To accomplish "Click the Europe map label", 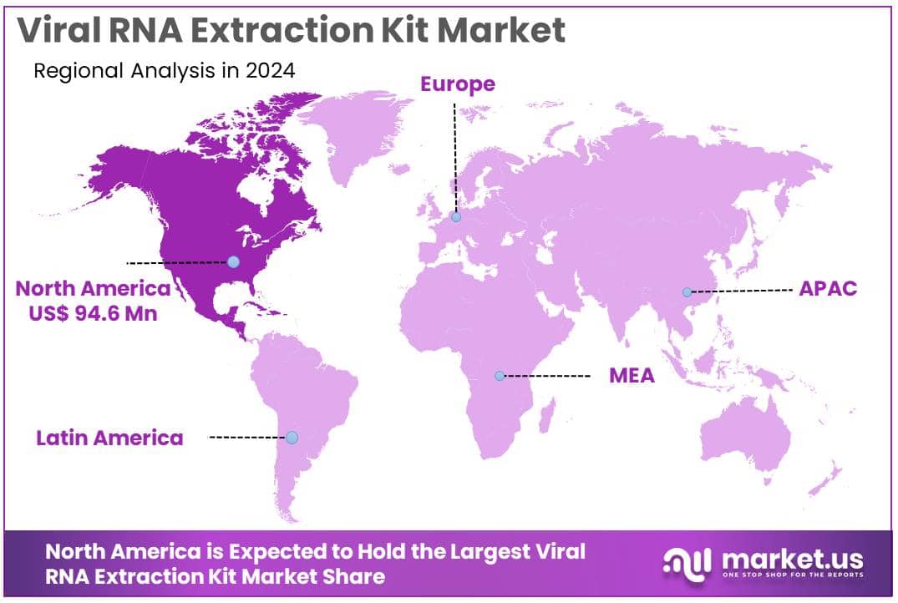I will click(x=457, y=84).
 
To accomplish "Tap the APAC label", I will click(x=828, y=289).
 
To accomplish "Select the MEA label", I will click(x=632, y=376).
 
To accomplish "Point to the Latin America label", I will click(x=109, y=438).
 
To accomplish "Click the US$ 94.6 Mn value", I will click(x=92, y=314).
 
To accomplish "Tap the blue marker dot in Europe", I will click(x=455, y=217).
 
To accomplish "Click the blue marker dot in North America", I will click(x=233, y=262).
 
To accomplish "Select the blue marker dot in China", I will click(x=687, y=292).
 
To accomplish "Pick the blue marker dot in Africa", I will click(x=500, y=376).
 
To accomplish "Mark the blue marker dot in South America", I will click(x=292, y=437).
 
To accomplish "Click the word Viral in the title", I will click(x=63, y=30).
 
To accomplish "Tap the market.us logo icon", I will click(x=687, y=562).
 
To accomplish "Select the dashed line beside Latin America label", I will click(x=246, y=437).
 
